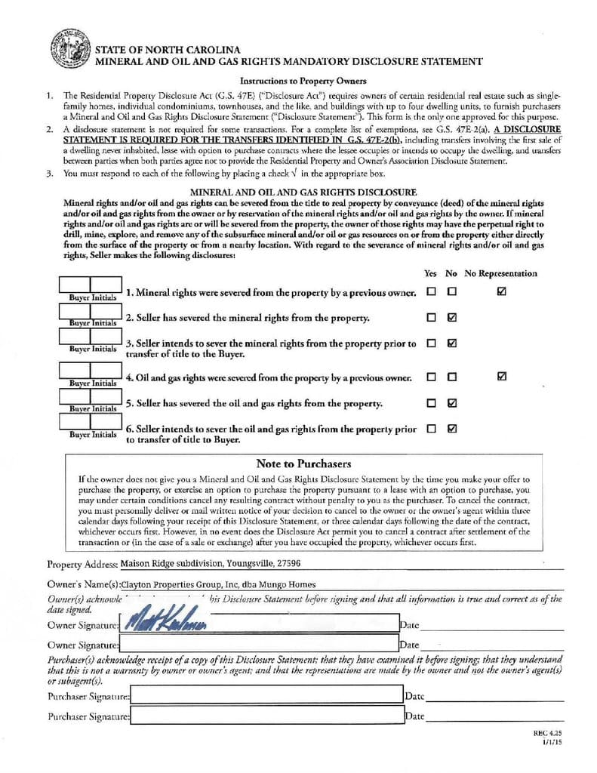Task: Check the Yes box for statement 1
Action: point(431,291)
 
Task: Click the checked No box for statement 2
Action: point(451,318)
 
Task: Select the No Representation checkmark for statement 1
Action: point(502,291)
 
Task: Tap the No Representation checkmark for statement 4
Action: point(502,377)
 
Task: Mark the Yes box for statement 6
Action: point(431,429)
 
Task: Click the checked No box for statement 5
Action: point(451,403)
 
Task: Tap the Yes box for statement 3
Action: point(431,343)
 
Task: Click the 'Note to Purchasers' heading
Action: point(303,463)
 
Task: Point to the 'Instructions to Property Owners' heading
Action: point(303,81)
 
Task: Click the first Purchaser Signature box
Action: point(266,696)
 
